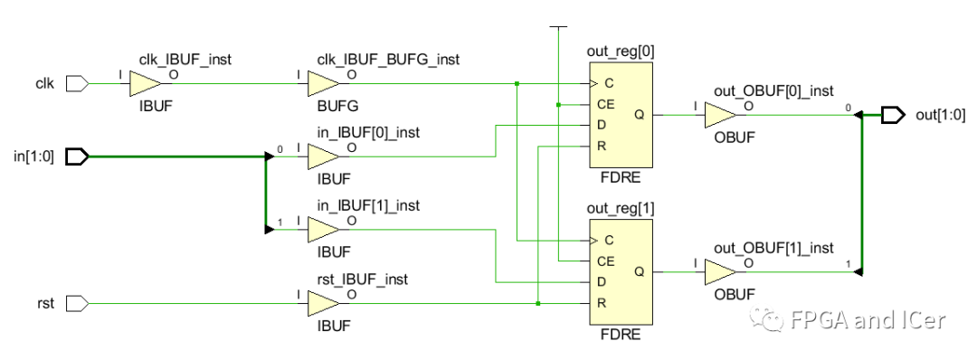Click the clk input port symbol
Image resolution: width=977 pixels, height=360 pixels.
point(78,84)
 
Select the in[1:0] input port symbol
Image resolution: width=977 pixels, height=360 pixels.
point(78,156)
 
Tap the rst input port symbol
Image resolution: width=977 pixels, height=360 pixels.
point(78,303)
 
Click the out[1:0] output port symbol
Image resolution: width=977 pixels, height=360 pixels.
point(893,115)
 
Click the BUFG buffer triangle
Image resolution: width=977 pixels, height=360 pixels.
point(322,84)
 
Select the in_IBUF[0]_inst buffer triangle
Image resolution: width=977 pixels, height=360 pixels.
point(322,156)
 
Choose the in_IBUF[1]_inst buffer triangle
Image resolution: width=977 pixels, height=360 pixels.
point(322,230)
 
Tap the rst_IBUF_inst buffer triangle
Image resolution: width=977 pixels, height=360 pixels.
point(322,303)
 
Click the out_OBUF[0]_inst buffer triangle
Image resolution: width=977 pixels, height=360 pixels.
point(720,115)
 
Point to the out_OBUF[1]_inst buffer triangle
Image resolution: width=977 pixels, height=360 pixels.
point(720,271)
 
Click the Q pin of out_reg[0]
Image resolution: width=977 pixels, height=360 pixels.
point(640,115)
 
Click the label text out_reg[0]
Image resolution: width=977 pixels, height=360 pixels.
point(620,52)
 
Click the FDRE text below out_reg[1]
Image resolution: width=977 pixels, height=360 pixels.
point(620,335)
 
